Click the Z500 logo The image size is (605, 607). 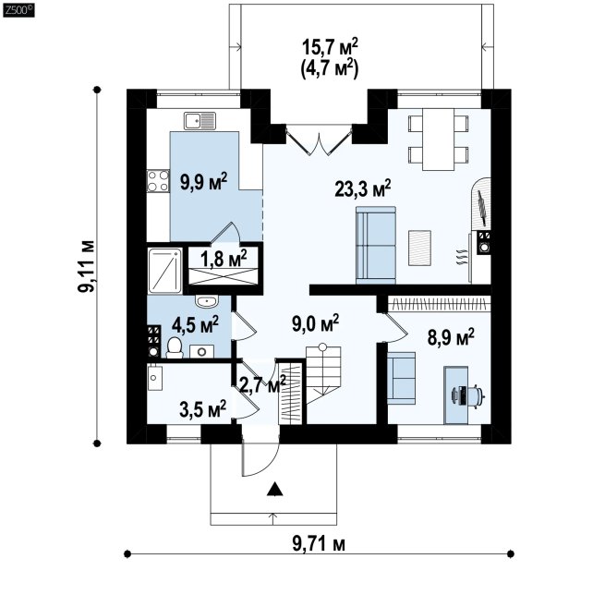[18, 10]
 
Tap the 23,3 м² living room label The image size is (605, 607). [362, 188]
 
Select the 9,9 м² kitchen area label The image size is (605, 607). [203, 181]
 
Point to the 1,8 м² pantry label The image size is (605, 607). [224, 258]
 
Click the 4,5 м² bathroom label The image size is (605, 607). [195, 324]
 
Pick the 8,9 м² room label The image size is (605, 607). [451, 336]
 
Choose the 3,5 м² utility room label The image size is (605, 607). [203, 409]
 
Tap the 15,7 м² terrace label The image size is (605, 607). [330, 47]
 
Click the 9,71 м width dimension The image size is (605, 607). [319, 544]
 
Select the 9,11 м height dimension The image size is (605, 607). [86, 266]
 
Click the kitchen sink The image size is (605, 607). [200, 121]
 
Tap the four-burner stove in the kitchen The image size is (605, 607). [158, 181]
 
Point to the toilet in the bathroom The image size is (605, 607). [175, 347]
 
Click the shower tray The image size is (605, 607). [165, 271]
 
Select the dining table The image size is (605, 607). [438, 140]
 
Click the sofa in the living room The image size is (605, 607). [376, 245]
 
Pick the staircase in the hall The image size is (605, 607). [323, 375]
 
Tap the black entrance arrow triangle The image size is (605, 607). [275, 490]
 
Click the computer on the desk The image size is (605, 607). [468, 395]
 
